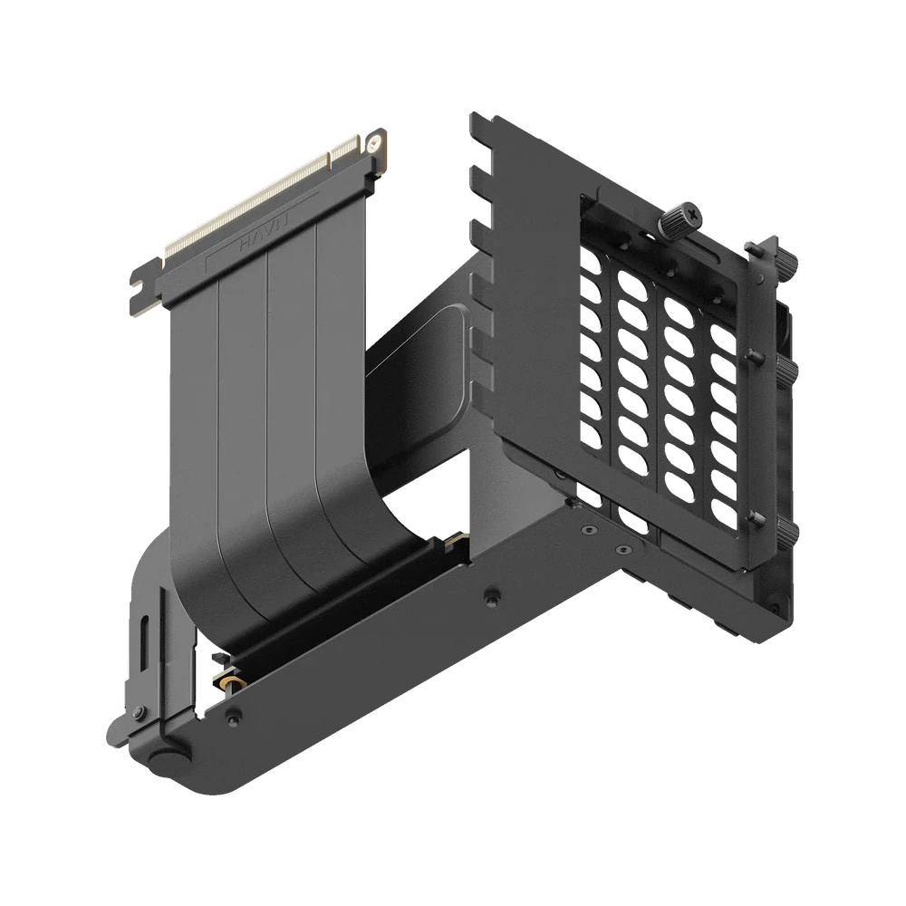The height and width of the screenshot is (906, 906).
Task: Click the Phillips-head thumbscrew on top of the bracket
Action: pos(679,217)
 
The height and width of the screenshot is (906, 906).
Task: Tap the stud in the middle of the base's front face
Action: pos(491,595)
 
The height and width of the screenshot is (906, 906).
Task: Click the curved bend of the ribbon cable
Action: pos(299,580)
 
